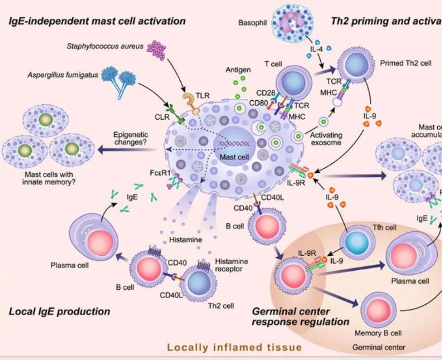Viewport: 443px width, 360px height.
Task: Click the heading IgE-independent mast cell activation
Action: (98, 21)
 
